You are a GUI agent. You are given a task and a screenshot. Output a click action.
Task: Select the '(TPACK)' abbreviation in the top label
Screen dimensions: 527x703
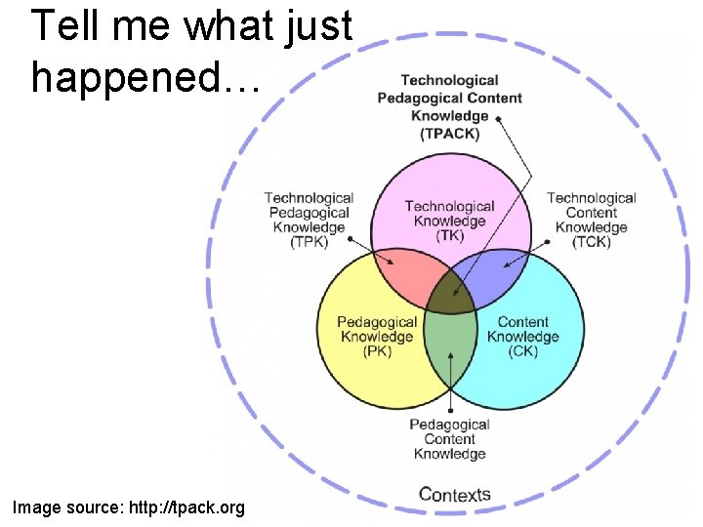coord(449,134)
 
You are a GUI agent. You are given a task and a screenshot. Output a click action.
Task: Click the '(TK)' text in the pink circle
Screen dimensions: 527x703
coord(449,235)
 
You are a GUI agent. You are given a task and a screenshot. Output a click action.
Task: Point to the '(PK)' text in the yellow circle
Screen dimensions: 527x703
coord(377,351)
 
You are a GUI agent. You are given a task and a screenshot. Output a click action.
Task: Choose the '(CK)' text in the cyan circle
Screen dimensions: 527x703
coord(523,351)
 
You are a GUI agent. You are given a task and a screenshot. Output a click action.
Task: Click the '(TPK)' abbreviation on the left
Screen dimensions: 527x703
coord(310,242)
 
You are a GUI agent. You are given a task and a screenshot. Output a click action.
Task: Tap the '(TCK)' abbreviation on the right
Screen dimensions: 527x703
coord(591,242)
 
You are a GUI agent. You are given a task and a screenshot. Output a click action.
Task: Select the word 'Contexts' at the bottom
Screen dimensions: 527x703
coord(454,494)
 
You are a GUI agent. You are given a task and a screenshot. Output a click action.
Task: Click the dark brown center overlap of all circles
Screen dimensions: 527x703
coord(450,291)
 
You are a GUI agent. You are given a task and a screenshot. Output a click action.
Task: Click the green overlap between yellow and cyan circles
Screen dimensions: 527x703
coord(450,342)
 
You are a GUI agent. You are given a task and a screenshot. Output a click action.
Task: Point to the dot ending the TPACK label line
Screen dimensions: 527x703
coord(498,118)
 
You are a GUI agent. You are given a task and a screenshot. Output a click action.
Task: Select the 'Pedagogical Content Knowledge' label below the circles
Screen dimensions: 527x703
coord(449,439)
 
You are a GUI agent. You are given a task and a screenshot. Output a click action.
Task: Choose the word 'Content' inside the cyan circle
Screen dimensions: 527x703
coord(523,322)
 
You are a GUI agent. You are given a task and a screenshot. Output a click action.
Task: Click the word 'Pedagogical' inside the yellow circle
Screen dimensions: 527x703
coord(377,322)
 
